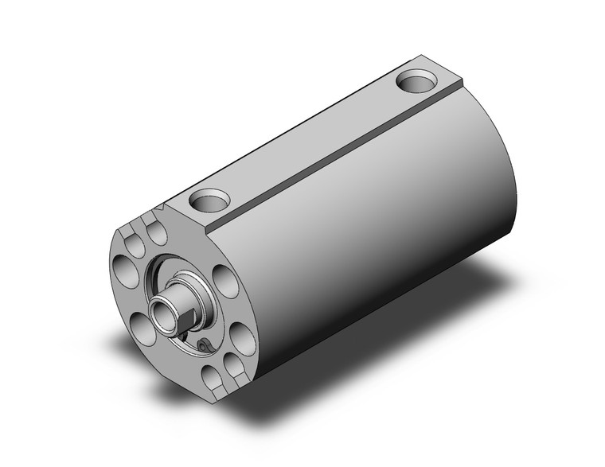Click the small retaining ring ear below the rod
pos(205,344)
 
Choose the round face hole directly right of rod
pos(225,282)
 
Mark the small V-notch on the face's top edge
pos(163,208)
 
